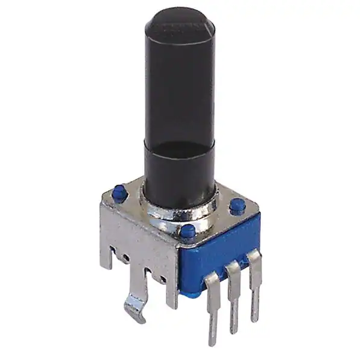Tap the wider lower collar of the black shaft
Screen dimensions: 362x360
click(179, 169)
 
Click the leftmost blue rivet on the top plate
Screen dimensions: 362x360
click(119, 193)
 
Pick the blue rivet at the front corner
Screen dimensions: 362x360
click(188, 230)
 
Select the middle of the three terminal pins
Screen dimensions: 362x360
click(235, 296)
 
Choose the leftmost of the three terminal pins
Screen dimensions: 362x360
click(212, 308)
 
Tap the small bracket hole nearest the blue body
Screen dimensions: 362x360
click(163, 279)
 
